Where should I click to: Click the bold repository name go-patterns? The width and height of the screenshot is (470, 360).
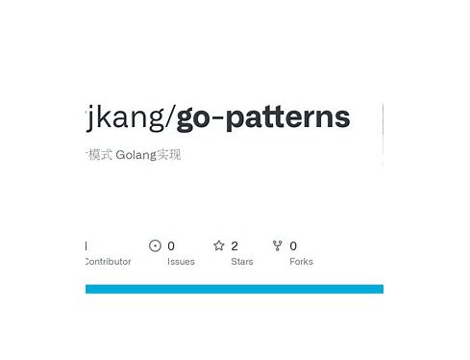pos(262,117)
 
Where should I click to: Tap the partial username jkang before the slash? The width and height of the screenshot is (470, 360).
pos(125,117)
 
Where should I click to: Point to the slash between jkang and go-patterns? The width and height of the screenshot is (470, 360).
pos(171,117)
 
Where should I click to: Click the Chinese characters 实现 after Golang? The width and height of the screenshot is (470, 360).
pos(168,155)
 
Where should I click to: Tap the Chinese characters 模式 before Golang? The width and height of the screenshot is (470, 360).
pos(99,155)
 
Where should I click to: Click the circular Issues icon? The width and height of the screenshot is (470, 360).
pos(155,245)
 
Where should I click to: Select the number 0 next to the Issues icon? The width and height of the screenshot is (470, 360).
pos(171,245)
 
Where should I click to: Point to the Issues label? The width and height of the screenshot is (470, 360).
pos(181,261)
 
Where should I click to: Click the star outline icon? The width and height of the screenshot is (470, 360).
pos(218,245)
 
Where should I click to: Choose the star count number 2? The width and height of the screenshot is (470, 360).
pos(235,245)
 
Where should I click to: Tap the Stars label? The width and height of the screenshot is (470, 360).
pos(242,261)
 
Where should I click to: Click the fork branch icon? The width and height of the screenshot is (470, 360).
pos(278,245)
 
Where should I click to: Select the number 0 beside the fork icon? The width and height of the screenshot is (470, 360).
pos(293,245)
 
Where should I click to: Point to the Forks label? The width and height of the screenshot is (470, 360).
pos(301,261)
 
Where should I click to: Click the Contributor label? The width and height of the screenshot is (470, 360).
pos(108,261)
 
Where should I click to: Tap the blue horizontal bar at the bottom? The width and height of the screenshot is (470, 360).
pos(235,289)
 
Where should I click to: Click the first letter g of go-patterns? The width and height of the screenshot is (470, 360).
pos(186,119)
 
